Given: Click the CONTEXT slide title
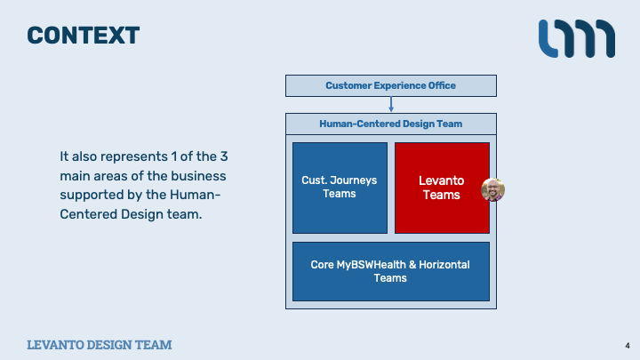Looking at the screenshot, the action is [84, 35].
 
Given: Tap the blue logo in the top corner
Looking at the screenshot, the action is [576, 39].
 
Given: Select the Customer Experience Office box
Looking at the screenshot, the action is [391, 85].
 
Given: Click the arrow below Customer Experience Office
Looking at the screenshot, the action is [391, 105].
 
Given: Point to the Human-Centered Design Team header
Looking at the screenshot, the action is [391, 124].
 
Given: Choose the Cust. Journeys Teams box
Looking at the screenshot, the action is [340, 188].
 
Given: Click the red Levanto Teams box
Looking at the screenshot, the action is [442, 188].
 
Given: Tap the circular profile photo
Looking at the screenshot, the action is [493, 190].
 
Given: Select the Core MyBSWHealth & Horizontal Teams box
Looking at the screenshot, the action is [391, 271].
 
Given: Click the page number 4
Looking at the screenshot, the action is [628, 346].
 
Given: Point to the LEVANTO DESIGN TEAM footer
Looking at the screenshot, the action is [100, 345].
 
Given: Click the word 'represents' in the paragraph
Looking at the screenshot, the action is [134, 157].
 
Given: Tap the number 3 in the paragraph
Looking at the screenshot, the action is [224, 156].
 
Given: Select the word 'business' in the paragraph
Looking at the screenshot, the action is [198, 176].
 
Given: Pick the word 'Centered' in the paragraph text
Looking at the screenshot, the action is [88, 214].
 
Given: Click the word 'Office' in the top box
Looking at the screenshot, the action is [442, 85].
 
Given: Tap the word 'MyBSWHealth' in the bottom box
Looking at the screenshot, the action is [371, 265].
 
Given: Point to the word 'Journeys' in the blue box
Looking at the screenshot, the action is [353, 180].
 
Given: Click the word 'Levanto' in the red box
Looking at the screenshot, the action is [441, 180].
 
